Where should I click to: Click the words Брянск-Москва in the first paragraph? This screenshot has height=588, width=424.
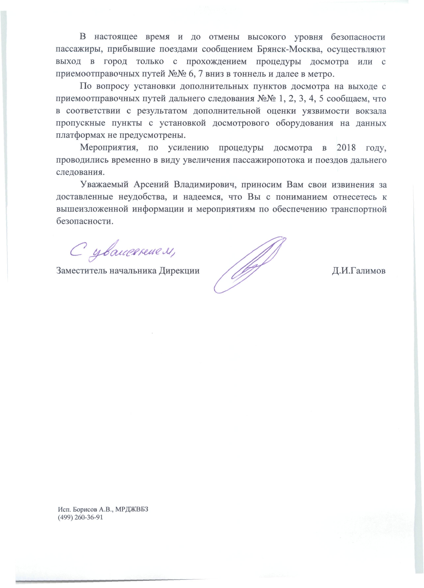(x=289, y=49)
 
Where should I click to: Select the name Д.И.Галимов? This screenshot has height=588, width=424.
(x=359, y=271)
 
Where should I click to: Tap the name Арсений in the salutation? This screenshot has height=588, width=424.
(x=151, y=185)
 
